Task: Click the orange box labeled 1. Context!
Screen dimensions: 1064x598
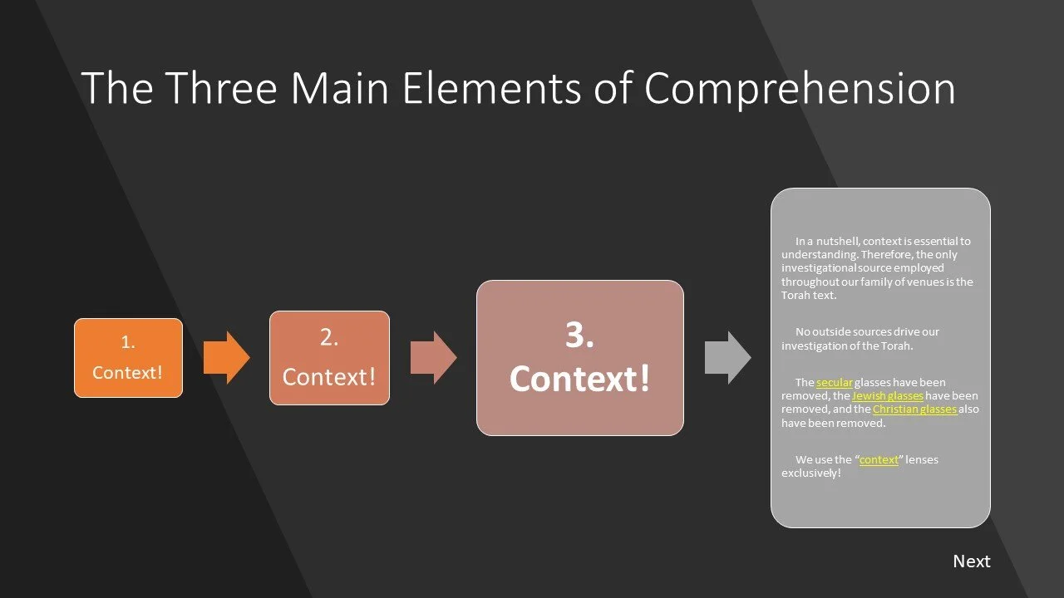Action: [x=128, y=358]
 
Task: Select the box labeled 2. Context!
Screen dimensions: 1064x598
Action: [x=329, y=358]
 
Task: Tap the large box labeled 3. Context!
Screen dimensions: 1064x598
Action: [x=579, y=358]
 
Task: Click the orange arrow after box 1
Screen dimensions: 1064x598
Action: [x=226, y=358]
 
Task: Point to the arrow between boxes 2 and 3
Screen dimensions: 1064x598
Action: [x=433, y=358]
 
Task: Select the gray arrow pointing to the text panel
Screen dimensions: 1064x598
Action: [x=727, y=358]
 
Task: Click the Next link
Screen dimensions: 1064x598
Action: [x=971, y=561]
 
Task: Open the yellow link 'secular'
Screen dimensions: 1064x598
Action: [x=834, y=383]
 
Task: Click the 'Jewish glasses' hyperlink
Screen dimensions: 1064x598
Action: [x=888, y=396]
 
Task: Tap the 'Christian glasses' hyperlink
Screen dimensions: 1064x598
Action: [x=914, y=409]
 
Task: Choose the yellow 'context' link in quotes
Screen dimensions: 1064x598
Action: [x=879, y=459]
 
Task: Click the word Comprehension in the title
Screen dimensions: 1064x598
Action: [x=800, y=88]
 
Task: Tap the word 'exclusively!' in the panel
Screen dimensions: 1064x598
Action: [x=810, y=473]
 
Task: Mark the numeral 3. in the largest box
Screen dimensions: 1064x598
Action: [x=579, y=336]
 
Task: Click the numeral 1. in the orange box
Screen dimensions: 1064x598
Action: [x=128, y=342]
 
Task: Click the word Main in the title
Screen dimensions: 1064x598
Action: [x=338, y=88]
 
